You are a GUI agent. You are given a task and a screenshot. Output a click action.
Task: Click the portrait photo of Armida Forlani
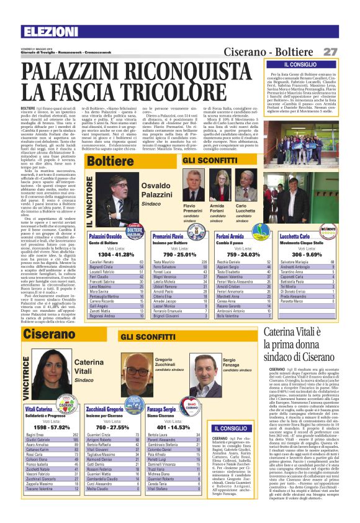pos(217,186)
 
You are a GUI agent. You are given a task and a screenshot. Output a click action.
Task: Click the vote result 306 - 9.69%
pos(306,255)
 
